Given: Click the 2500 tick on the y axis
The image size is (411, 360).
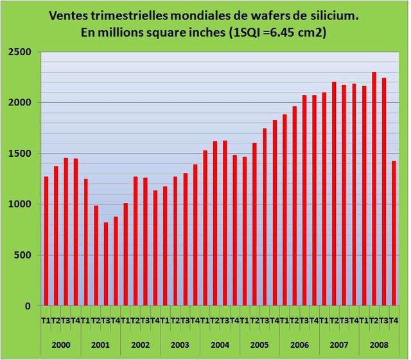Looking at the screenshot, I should pyautogui.click(x=22, y=52).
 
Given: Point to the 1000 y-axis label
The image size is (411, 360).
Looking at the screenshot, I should pyautogui.click(x=22, y=204).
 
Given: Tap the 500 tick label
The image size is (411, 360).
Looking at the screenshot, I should pyautogui.click(x=24, y=255).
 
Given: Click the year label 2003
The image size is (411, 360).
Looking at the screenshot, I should pyautogui.click(x=180, y=345).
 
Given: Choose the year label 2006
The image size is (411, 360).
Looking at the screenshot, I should pyautogui.click(x=299, y=345).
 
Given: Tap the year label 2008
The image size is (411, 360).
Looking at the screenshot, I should pyautogui.click(x=379, y=345).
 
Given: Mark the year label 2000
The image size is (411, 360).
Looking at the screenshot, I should pyautogui.click(x=61, y=345).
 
